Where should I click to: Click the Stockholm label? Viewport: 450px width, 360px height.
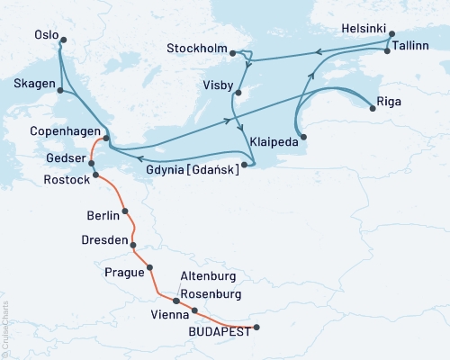[x=198, y=48]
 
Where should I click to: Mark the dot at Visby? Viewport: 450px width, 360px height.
[x=237, y=93]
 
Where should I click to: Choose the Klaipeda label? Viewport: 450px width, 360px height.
[x=274, y=142]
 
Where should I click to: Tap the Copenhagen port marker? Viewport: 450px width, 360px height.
[x=107, y=138]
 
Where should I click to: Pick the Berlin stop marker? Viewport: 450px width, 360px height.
[x=124, y=211]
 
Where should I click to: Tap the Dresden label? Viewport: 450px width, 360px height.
[x=104, y=241]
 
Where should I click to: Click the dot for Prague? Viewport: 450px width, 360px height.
[x=149, y=267]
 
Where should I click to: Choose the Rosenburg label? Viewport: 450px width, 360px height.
[x=210, y=294]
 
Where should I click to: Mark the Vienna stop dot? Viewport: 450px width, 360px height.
[x=194, y=310]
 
